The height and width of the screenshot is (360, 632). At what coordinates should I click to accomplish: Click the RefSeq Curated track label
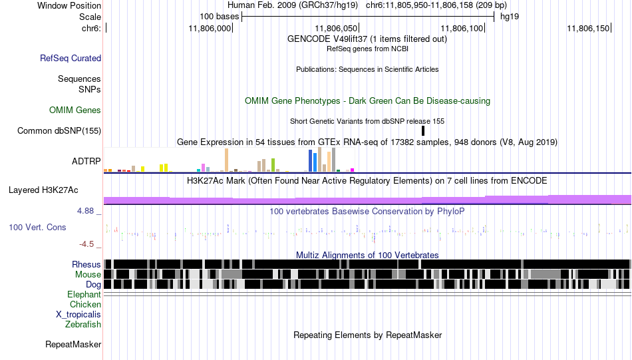click(x=71, y=58)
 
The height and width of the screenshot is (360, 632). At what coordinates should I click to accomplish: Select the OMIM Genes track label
click(x=75, y=110)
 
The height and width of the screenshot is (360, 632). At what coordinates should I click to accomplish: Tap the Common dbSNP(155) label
click(x=59, y=130)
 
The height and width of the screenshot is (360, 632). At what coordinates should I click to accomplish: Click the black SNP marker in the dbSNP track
click(x=423, y=130)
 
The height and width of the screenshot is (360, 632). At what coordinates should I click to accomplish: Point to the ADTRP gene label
click(x=86, y=161)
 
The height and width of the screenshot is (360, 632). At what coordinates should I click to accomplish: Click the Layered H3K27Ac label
click(x=43, y=190)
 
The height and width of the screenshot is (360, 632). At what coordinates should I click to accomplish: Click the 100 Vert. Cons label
click(x=37, y=228)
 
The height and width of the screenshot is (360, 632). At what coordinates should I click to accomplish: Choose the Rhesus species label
click(x=86, y=264)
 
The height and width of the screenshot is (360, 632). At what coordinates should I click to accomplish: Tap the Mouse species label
click(x=88, y=275)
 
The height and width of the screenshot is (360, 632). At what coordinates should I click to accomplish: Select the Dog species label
click(x=93, y=285)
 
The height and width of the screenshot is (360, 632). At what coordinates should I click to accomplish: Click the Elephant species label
click(x=84, y=295)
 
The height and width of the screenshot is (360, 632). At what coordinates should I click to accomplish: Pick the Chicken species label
click(x=85, y=304)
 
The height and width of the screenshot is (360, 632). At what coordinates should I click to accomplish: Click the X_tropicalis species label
click(x=79, y=315)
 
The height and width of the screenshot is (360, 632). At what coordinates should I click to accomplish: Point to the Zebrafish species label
click(x=83, y=325)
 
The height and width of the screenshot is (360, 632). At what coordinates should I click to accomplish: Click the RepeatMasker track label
click(x=73, y=344)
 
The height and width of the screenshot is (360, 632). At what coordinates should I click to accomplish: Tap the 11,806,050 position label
click(x=336, y=28)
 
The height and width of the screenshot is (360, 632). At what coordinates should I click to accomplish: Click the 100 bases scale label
click(x=220, y=17)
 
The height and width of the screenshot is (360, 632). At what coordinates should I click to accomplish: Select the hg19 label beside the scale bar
click(x=510, y=17)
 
